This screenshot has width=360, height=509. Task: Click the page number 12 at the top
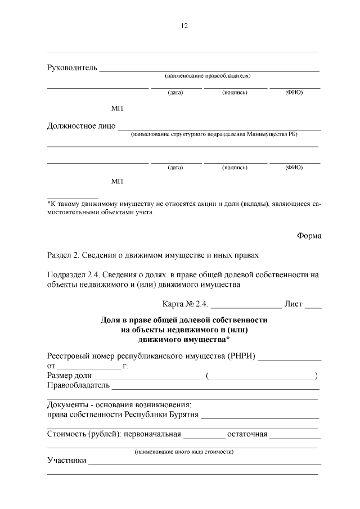[184, 26]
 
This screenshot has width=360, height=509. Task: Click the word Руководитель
[72, 68]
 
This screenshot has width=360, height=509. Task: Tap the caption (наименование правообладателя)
[207, 76]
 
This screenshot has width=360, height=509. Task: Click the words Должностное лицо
[81, 125]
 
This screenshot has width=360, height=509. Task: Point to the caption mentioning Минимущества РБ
[214, 134]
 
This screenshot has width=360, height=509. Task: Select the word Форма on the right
[309, 236]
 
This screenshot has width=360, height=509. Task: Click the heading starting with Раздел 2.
[152, 255]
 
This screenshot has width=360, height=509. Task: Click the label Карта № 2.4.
[186, 304]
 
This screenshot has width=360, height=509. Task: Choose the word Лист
[294, 304]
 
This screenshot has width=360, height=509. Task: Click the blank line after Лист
[313, 307]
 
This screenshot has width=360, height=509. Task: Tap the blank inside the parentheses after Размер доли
[262, 377]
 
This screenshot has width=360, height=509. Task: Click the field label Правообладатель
[78, 386]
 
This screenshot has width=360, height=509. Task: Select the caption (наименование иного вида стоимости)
[184, 451]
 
